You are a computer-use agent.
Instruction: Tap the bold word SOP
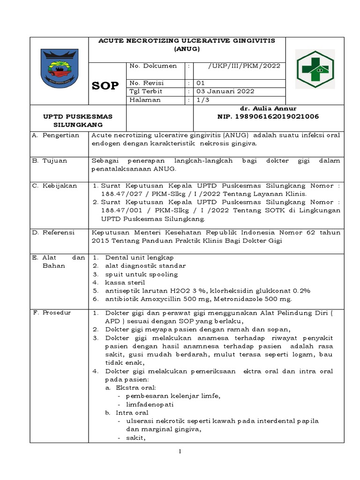pos(106,86)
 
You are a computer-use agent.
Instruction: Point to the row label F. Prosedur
pos(55,312)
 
